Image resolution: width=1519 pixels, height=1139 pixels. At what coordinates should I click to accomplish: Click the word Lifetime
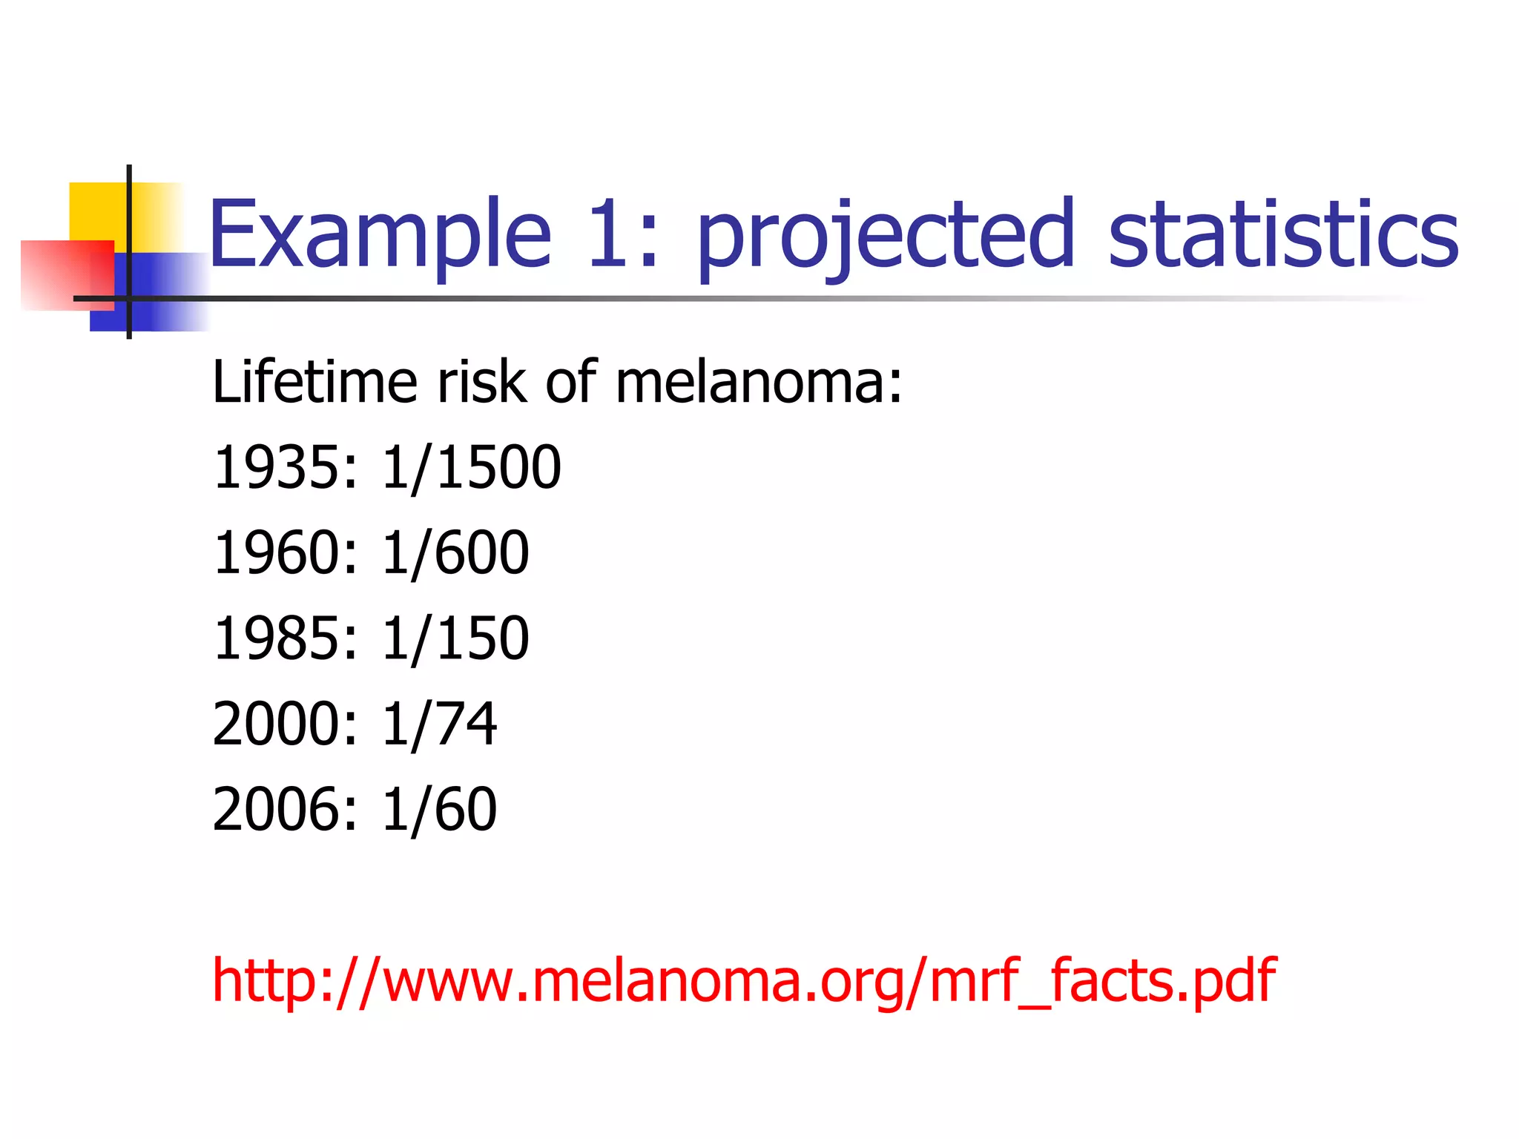point(314,383)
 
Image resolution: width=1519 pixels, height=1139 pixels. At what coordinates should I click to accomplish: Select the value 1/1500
point(472,468)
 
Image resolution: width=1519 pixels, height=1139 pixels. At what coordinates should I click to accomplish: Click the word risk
point(482,383)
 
